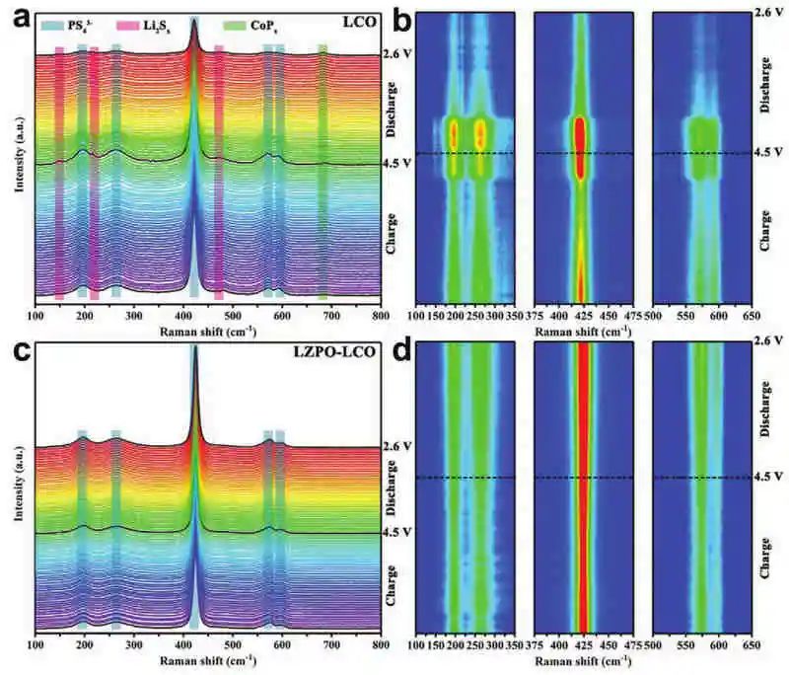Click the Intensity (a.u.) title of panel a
pos(20,156)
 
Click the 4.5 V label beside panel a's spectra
pos(395,164)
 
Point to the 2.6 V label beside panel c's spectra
pos(395,447)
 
